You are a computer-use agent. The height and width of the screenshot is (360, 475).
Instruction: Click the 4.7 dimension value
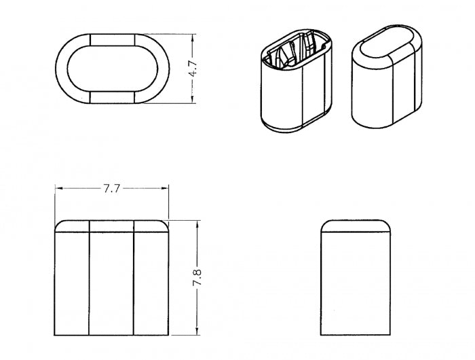pyautogui.click(x=193, y=69)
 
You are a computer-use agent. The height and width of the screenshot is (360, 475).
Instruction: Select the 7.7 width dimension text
pyautogui.click(x=112, y=189)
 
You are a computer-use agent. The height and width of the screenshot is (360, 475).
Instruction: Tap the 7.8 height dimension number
pyautogui.click(x=197, y=277)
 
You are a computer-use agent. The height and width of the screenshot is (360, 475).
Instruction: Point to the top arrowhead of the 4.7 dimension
pyautogui.click(x=192, y=39)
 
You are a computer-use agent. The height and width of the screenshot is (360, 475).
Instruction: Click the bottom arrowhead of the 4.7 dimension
pyautogui.click(x=192, y=98)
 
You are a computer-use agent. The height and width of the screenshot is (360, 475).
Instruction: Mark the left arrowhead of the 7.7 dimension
pyautogui.click(x=60, y=188)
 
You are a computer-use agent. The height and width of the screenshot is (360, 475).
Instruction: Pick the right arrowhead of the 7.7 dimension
pyautogui.click(x=164, y=188)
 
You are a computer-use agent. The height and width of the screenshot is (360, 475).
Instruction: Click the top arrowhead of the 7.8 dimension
pyautogui.click(x=197, y=225)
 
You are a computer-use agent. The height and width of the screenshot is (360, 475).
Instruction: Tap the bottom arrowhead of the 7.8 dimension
pyautogui.click(x=197, y=330)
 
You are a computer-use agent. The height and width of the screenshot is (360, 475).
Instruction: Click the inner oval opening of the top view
pyautogui.click(x=113, y=69)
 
